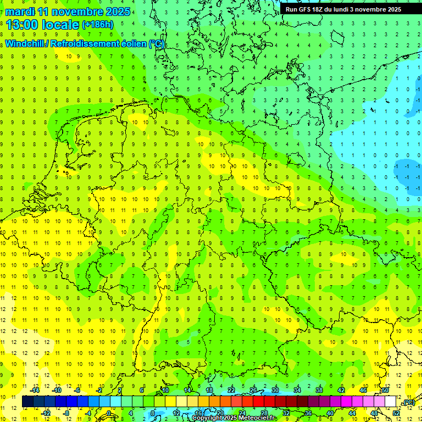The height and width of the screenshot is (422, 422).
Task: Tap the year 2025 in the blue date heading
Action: tap(117, 12)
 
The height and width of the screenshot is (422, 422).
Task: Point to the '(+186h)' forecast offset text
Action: tap(97, 25)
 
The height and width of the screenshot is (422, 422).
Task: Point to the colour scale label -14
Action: tap(35, 390)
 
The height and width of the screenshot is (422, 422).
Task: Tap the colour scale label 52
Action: tap(396, 413)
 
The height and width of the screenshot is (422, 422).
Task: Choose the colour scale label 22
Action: tap(231, 390)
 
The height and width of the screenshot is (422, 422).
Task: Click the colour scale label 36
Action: tap(308, 413)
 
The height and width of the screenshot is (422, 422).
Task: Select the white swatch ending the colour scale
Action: tap(390, 402)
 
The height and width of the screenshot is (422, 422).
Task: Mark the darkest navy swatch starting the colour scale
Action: tap(27, 402)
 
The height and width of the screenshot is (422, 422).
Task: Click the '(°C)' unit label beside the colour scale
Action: tap(408, 403)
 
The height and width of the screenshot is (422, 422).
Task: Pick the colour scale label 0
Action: tap(108, 413)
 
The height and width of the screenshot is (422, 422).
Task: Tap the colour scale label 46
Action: tap(363, 390)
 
